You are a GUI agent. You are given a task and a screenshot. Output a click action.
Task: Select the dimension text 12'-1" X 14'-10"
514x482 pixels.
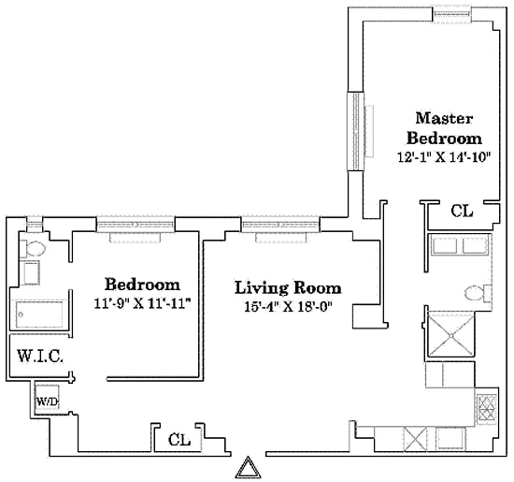tap(445, 157)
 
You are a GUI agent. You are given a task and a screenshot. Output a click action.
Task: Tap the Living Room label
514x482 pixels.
tap(287, 287)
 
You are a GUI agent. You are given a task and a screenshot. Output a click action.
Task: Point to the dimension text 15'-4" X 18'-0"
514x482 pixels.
tap(287, 307)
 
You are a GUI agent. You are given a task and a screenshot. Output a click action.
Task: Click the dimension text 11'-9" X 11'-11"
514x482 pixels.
tap(141, 303)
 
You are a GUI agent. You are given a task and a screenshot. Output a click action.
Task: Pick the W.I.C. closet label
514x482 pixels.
tap(36, 357)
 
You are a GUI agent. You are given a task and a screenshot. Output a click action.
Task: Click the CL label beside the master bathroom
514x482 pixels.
tap(462, 212)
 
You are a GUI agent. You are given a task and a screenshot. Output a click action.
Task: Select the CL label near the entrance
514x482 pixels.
tap(180, 439)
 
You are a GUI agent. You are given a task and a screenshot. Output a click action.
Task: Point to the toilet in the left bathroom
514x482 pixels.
tap(34, 250)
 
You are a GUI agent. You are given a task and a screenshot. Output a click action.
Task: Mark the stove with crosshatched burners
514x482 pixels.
tap(487, 407)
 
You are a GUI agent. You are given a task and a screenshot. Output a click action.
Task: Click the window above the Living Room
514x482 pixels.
tap(280, 224)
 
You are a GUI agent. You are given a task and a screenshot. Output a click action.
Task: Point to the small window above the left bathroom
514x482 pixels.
tap(35, 223)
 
